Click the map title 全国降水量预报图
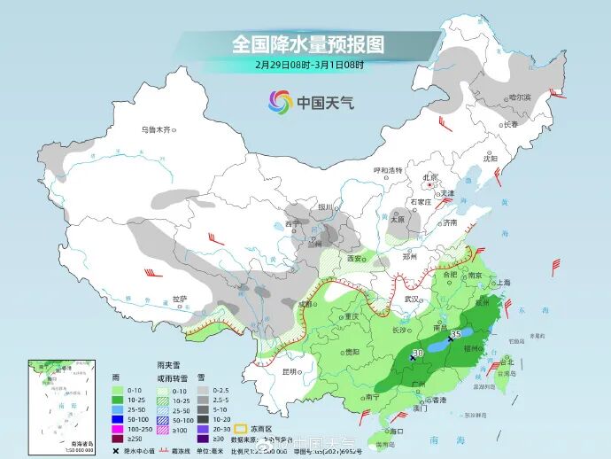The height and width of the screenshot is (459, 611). coord(308,43)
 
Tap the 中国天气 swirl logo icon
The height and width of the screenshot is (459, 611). coord(281,103)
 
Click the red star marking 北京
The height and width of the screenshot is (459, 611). coord(432,185)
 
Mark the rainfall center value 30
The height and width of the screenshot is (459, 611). coord(416,353)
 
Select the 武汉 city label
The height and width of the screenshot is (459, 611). coord(412,299)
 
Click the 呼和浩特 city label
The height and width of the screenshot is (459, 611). coord(387,170)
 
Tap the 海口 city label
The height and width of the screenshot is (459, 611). coord(384,430)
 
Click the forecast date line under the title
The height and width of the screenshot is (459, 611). coord(309,64)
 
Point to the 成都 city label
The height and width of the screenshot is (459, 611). coord(305,305)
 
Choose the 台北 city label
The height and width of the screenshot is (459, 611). coord(507,362)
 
